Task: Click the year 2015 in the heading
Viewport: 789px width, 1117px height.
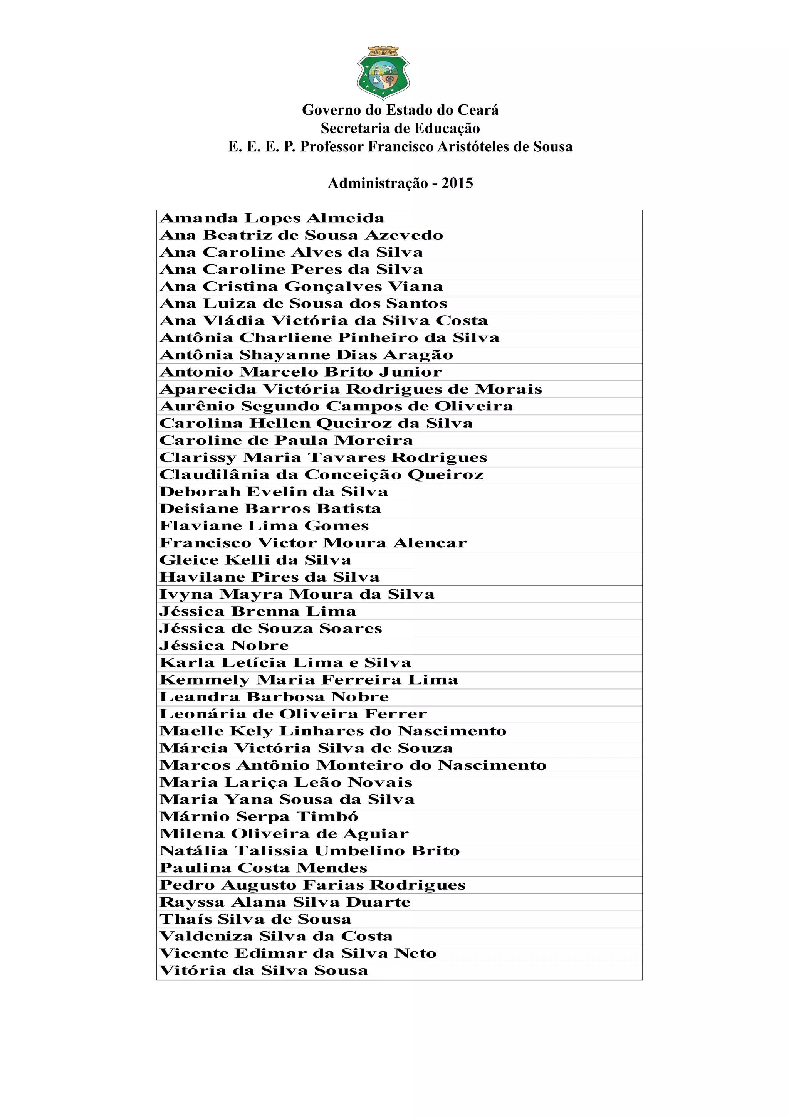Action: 457,183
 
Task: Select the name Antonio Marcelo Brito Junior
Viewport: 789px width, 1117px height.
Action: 301,372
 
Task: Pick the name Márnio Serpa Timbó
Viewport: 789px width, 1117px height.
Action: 259,817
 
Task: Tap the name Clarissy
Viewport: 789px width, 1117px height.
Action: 198,458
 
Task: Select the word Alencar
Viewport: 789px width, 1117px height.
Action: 430,543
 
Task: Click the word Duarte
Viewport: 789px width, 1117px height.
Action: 378,902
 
